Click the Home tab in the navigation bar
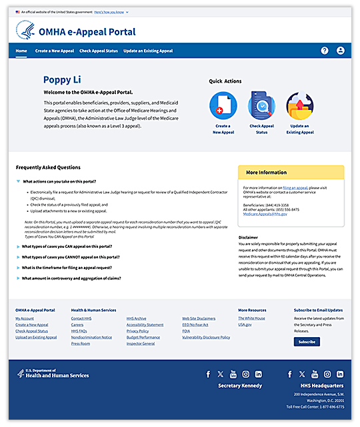pos(21,51)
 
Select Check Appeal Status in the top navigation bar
pos(99,51)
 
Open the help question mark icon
pos(325,51)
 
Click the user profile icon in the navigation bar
pos(341,51)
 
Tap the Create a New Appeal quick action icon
pos(223,105)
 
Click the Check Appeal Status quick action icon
pos(261,105)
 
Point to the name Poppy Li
pos(67,80)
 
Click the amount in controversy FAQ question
pos(71,278)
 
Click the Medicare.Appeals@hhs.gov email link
pos(265,214)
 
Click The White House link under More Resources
pos(251,318)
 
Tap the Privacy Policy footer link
pos(137,331)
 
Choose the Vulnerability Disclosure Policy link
pos(206,337)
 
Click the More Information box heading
pos(266,173)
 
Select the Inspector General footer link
pos(140,344)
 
